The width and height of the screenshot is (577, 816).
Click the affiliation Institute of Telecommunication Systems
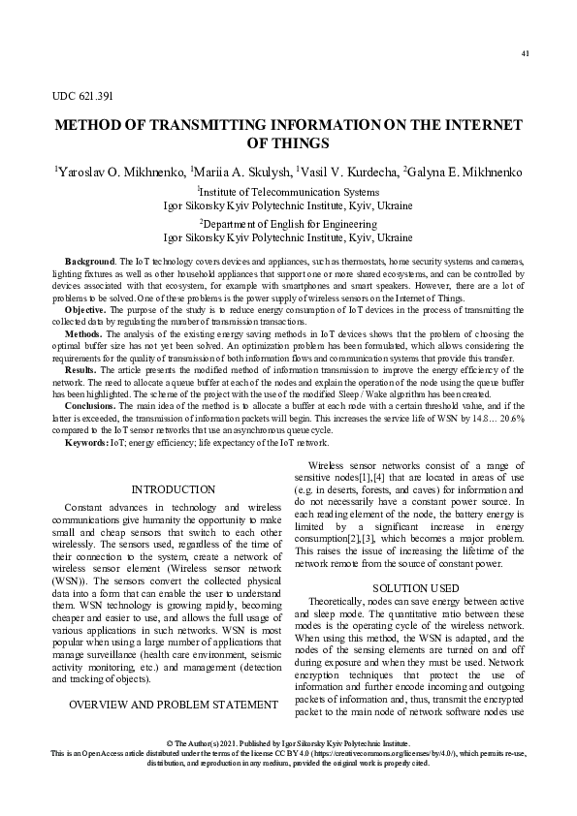point(289,192)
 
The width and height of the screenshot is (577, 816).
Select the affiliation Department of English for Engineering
point(289,223)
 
